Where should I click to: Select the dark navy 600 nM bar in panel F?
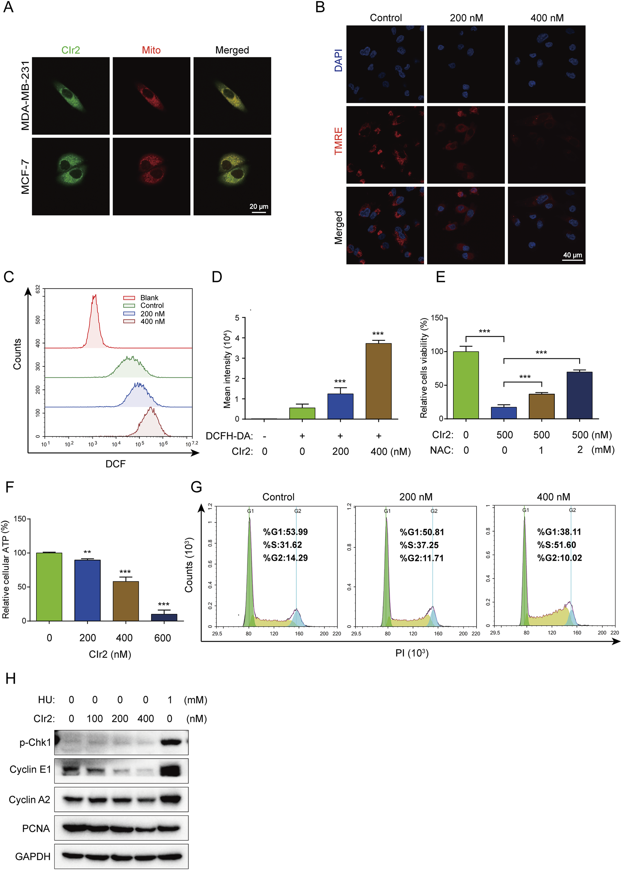click(x=164, y=617)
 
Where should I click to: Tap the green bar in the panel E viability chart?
click(x=466, y=385)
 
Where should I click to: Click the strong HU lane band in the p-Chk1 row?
click(x=170, y=742)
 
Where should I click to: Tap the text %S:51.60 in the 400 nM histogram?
click(x=556, y=545)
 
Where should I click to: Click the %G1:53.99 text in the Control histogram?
click(x=286, y=532)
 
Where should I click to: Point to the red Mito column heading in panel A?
click(x=151, y=50)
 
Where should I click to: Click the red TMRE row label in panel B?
click(x=338, y=141)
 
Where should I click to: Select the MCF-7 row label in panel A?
click(x=25, y=177)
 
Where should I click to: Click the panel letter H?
click(x=10, y=678)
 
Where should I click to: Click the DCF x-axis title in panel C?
click(x=115, y=464)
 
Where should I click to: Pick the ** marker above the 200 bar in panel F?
click(x=87, y=552)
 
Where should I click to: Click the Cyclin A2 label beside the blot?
click(x=29, y=799)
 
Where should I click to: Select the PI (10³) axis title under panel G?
click(x=411, y=653)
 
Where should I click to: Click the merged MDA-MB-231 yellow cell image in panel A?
click(x=232, y=96)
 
